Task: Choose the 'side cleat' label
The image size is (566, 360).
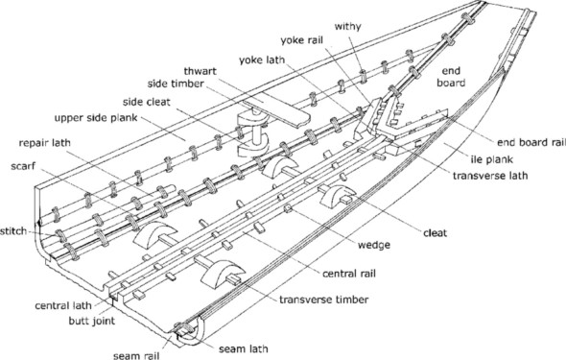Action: [x=146, y=102]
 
